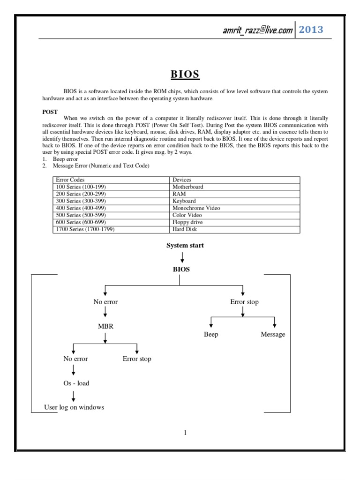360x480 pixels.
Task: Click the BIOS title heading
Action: pyautogui.click(x=185, y=75)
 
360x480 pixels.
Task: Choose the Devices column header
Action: pyautogui.click(x=182, y=180)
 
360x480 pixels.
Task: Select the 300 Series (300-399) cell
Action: pyautogui.click(x=80, y=201)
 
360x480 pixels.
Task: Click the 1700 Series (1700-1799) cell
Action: pyautogui.click(x=85, y=229)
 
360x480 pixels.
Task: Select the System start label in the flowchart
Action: pyautogui.click(x=185, y=245)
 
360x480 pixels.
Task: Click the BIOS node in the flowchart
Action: pyautogui.click(x=181, y=270)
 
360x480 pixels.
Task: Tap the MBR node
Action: pyautogui.click(x=105, y=326)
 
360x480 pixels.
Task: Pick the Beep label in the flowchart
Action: pyautogui.click(x=211, y=335)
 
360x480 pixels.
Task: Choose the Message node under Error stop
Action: pyautogui.click(x=273, y=335)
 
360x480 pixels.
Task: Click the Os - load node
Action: pyautogui.click(x=76, y=383)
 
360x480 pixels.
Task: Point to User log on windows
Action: pyautogui.click(x=74, y=407)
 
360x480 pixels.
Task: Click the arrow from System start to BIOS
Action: pyautogui.click(x=182, y=257)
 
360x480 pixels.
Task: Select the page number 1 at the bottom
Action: pyautogui.click(x=185, y=433)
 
